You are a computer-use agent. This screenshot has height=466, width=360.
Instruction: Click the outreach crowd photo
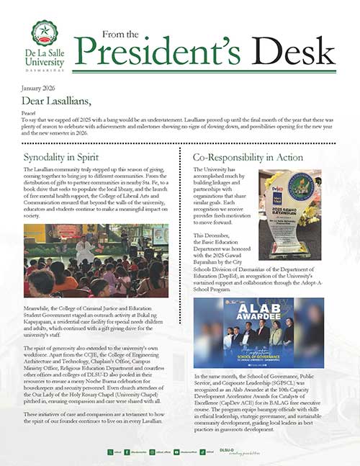click(x=96, y=261)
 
